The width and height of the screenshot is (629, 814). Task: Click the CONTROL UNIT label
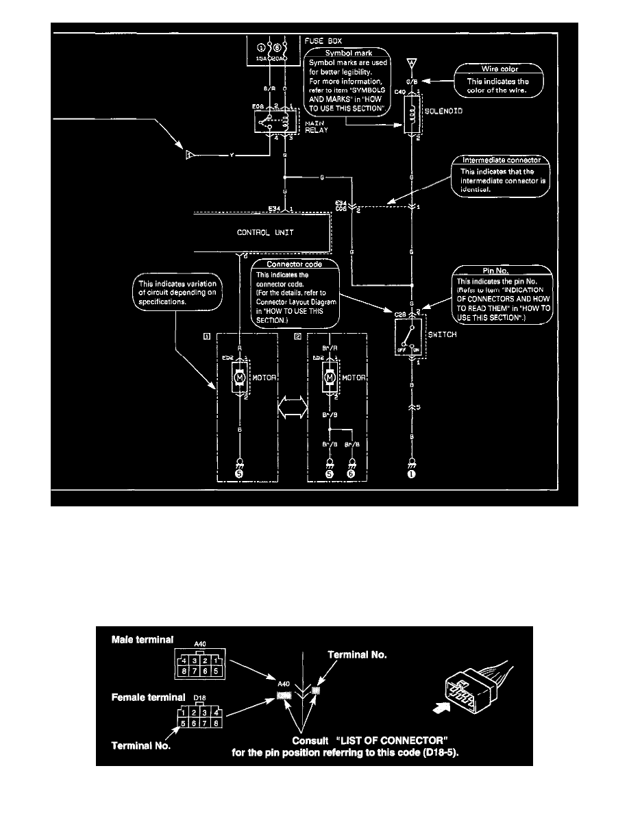pos(265,232)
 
